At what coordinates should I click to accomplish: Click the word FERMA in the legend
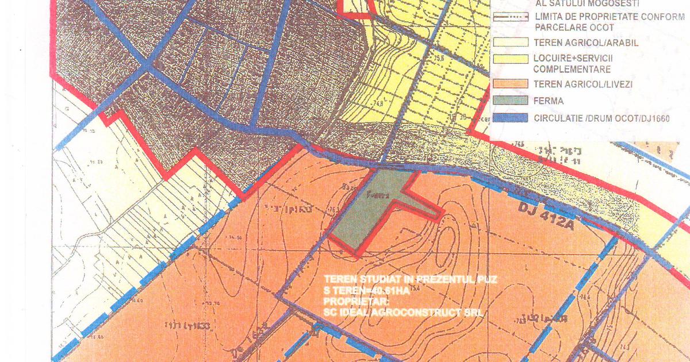tap(549, 101)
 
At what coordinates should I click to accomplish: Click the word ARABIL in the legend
tap(619, 43)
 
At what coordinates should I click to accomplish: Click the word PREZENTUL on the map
tap(435, 280)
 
